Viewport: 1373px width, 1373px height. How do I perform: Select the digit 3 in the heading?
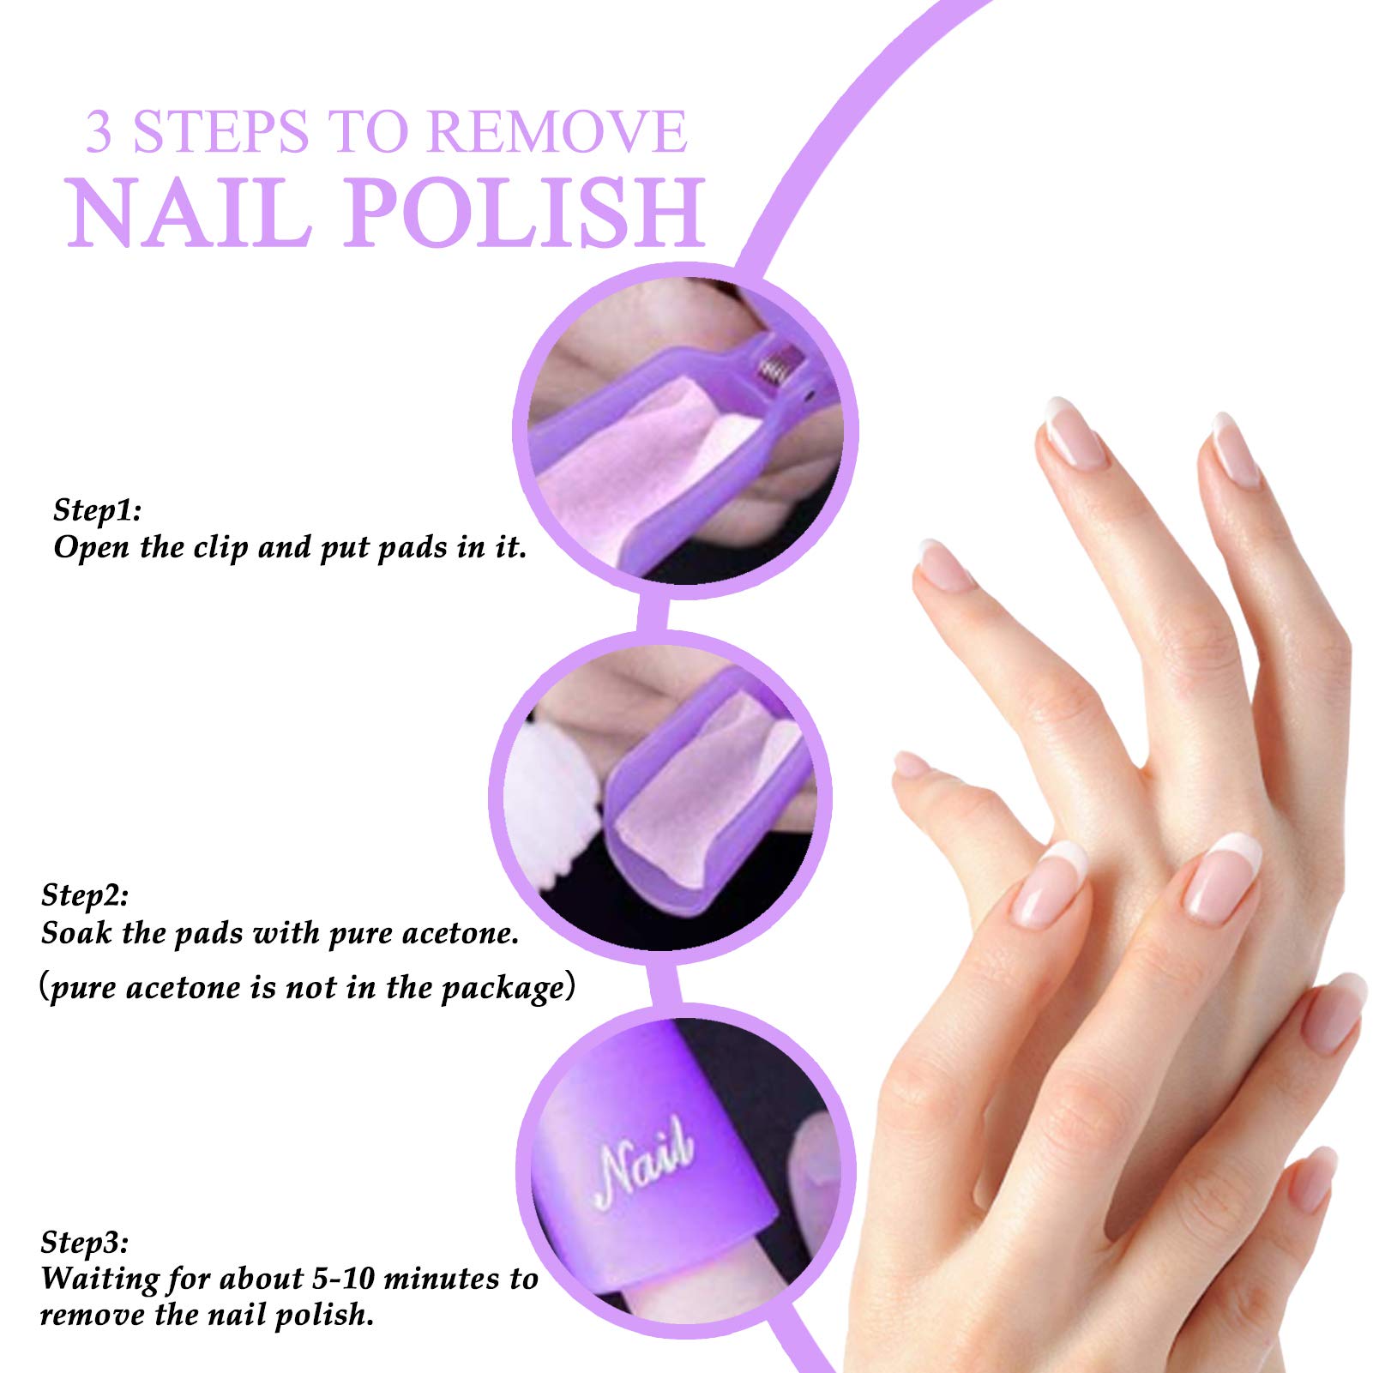(x=99, y=132)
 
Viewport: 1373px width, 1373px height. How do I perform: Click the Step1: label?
(x=97, y=510)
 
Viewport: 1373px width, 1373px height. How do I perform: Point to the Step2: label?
(x=85, y=895)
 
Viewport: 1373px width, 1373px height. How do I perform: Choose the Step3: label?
(x=85, y=1243)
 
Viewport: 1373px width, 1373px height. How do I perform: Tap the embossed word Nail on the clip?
(x=645, y=1162)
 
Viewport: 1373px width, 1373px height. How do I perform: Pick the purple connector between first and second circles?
(x=653, y=615)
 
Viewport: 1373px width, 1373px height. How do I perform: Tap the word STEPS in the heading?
(x=220, y=132)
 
